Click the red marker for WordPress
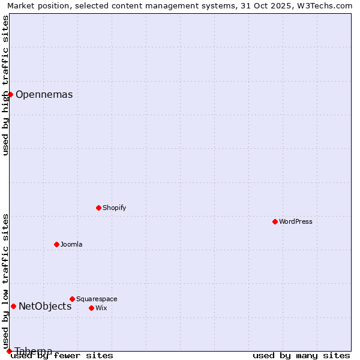[275, 221]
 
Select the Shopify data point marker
[98, 208]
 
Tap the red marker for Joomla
[56, 244]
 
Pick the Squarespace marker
[72, 299]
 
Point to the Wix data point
[91, 308]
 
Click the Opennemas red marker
[10, 94]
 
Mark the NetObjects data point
[13, 306]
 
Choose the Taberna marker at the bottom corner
[9, 351]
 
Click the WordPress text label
[296, 222]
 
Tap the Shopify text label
[115, 208]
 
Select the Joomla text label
[71, 245]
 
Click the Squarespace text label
[97, 299]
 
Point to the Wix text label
[101, 308]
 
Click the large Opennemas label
[44, 95]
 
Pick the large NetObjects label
[45, 307]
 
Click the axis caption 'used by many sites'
[301, 356]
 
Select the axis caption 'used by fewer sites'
[62, 356]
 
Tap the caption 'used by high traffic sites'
[6, 85]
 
